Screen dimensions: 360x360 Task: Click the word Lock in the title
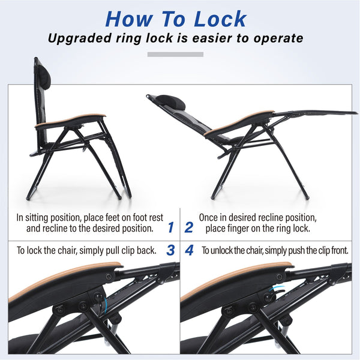220,19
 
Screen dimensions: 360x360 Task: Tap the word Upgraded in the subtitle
79,38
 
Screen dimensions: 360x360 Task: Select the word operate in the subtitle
278,38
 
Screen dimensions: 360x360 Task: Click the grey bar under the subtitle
175,55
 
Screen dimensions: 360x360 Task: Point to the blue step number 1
170,227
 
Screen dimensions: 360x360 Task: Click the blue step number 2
189,227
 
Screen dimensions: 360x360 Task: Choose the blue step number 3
170,250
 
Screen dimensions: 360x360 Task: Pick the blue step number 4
189,250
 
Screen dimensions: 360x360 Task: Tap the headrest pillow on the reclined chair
170,103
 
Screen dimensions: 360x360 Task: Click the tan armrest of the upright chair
70,120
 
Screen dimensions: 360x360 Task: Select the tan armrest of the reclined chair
239,122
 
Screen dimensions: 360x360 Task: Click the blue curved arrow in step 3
105,305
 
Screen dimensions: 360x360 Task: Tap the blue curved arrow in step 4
277,289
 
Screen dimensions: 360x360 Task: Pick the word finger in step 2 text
239,229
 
